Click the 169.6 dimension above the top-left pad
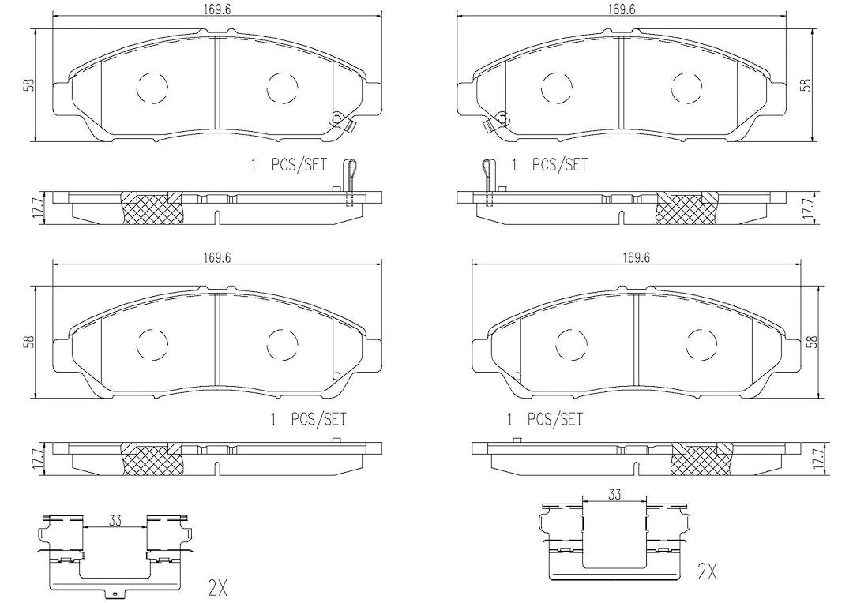tap(216, 9)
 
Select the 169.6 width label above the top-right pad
tap(622, 9)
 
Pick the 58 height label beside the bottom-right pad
tap(813, 341)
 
